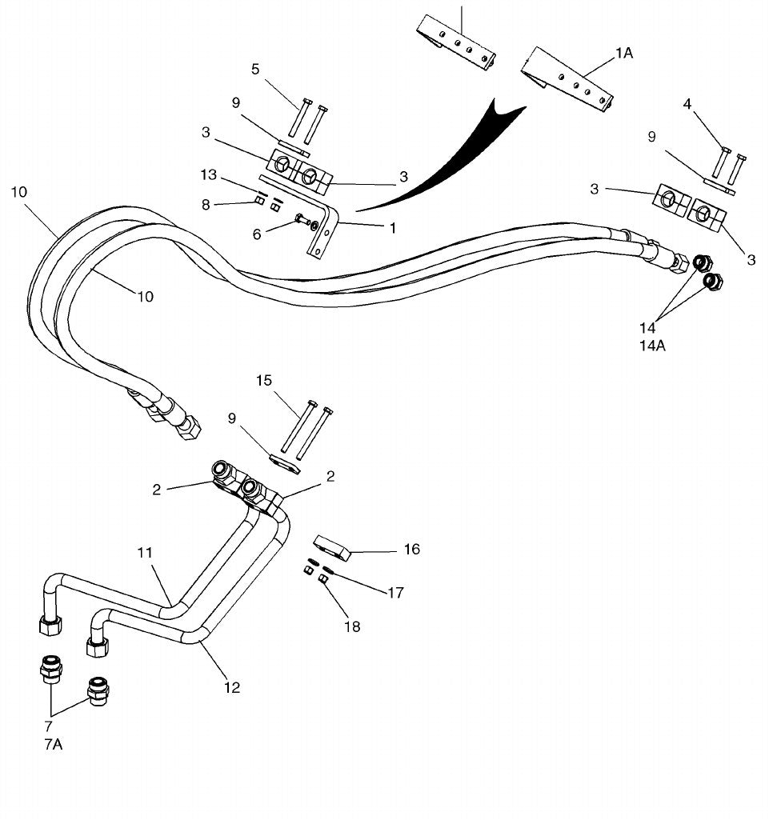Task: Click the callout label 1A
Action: pos(623,53)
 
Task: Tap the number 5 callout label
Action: pos(255,69)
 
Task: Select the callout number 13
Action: pos(209,174)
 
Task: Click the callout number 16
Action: pos(411,549)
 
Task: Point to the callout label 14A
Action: pos(652,345)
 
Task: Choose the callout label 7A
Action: pos(54,744)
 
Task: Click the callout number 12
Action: pos(232,687)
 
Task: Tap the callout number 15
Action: pos(264,380)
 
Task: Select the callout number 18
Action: pos(352,626)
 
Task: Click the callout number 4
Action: pos(687,104)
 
